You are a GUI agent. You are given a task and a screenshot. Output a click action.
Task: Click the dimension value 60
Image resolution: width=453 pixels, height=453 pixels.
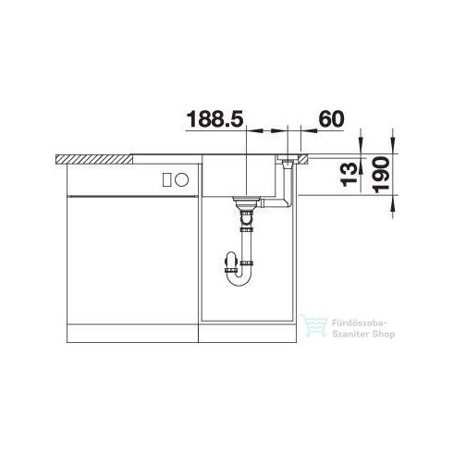[x=331, y=119]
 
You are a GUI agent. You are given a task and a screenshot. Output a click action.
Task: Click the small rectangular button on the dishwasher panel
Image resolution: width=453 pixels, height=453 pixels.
[x=166, y=179]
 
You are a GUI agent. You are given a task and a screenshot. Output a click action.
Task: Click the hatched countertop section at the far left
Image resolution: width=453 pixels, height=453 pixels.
[x=92, y=159]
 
